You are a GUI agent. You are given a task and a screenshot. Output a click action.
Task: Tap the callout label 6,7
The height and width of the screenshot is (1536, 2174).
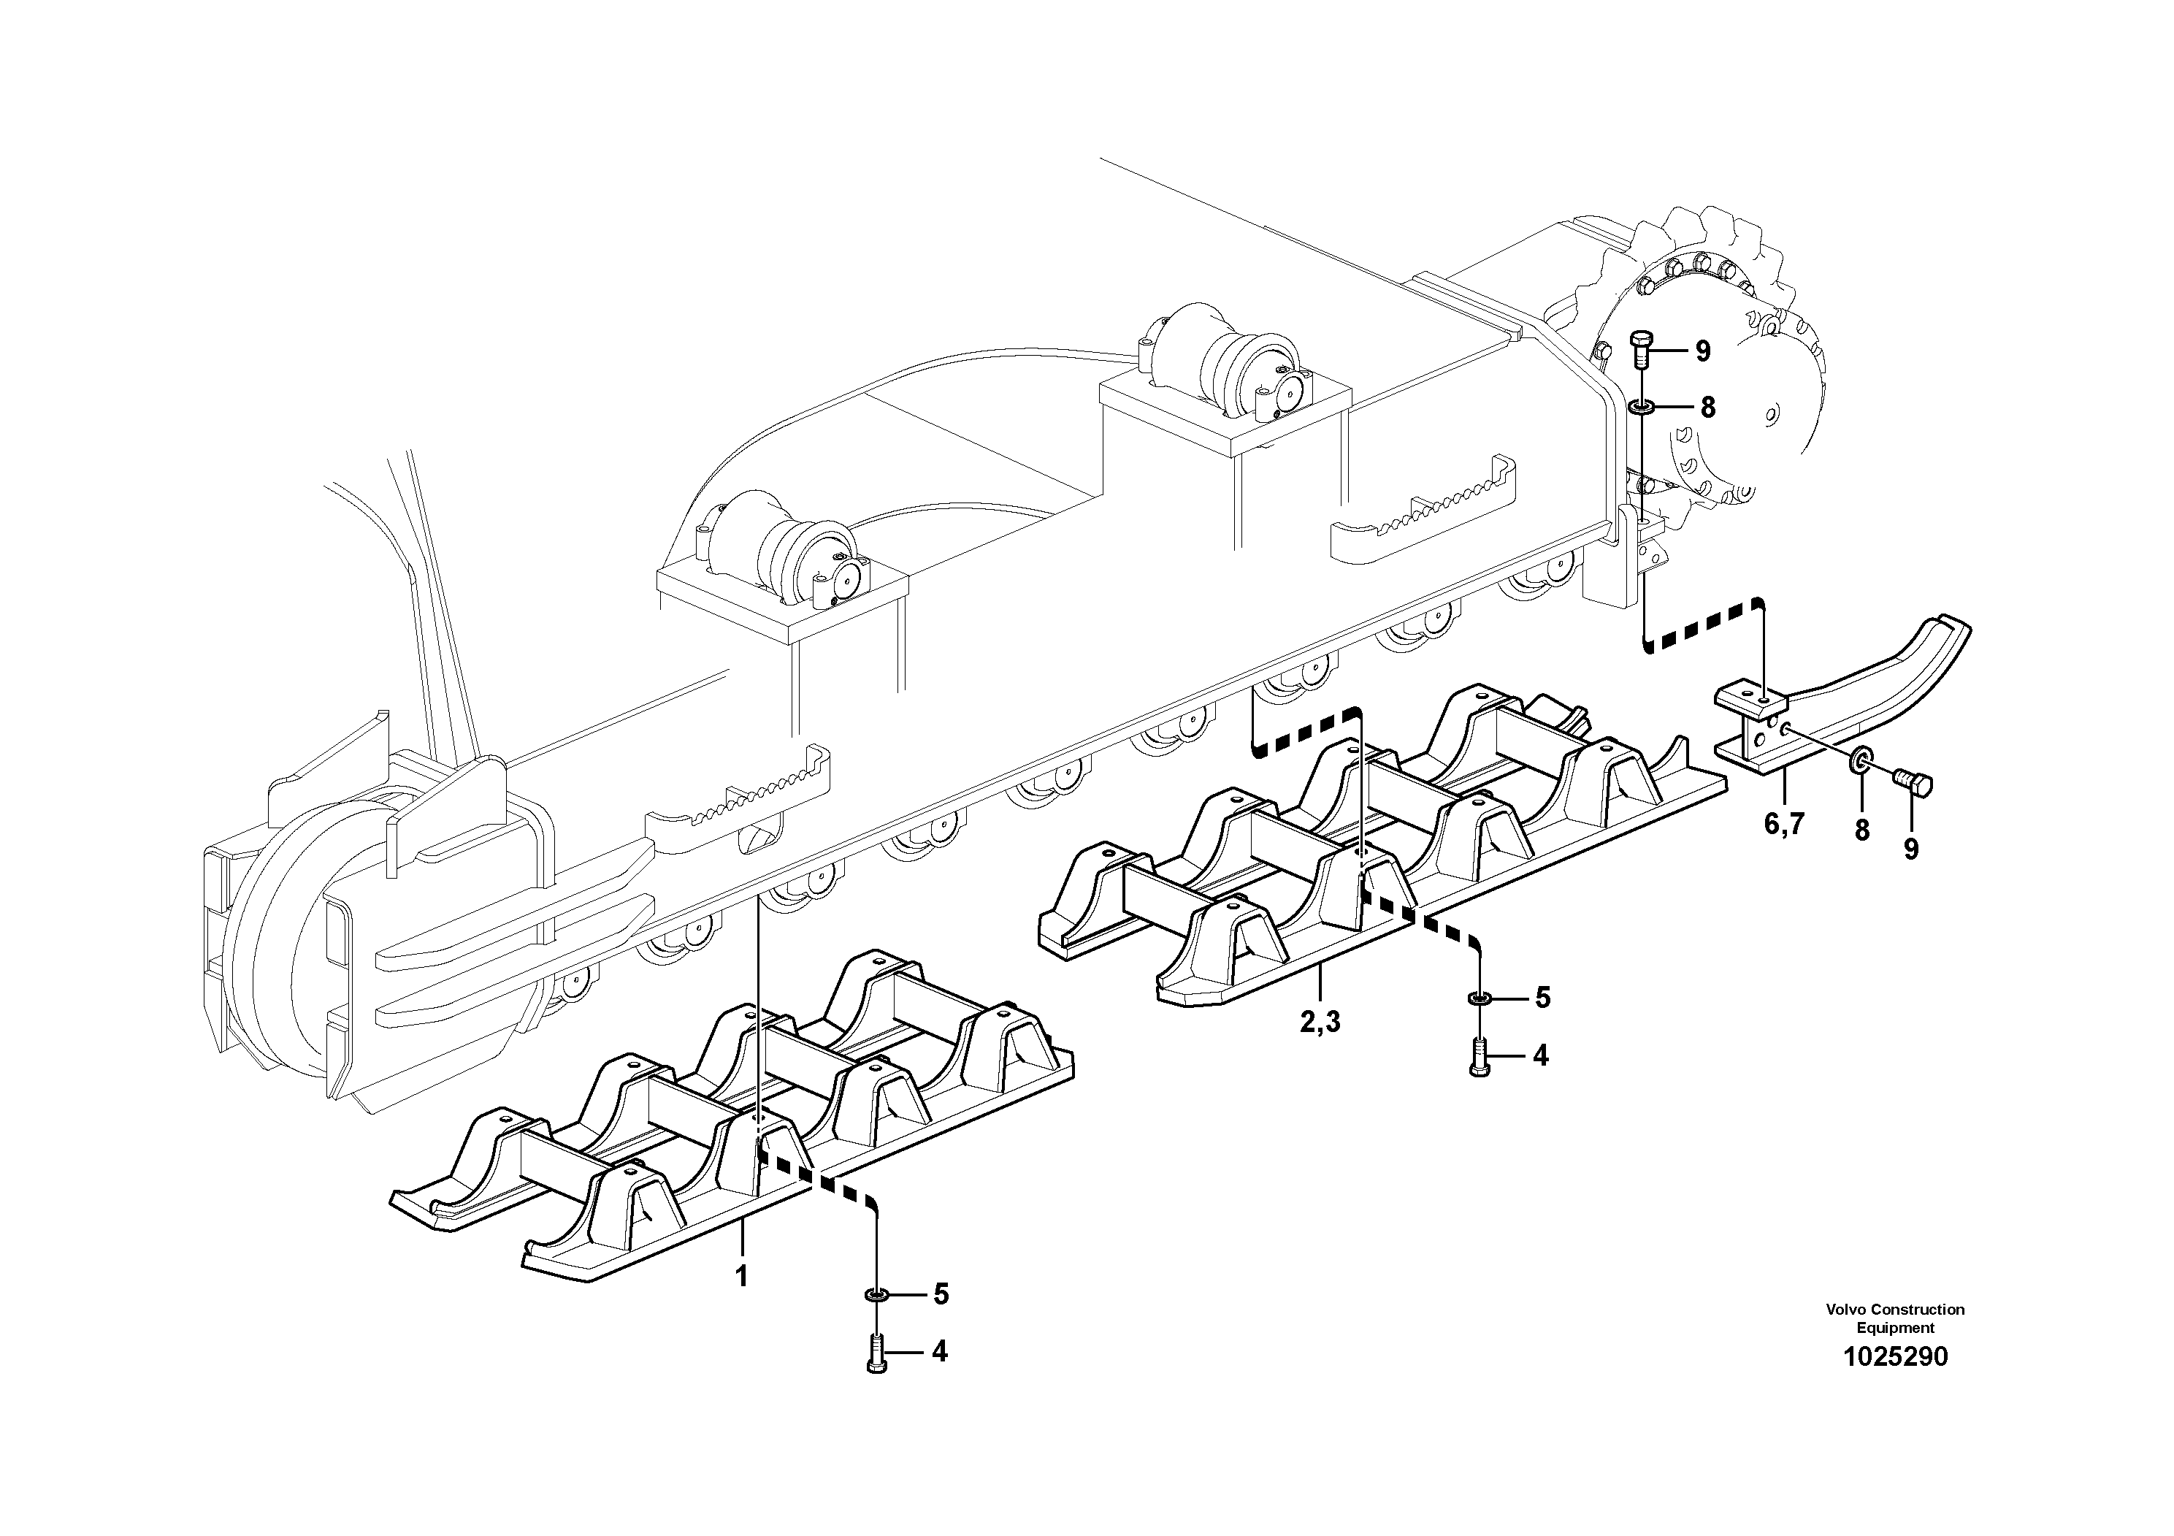1784,824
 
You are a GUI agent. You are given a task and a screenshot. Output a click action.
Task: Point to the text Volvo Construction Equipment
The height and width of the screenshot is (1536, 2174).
1895,1318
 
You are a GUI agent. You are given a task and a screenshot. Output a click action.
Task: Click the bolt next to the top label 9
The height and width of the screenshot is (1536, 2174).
1642,351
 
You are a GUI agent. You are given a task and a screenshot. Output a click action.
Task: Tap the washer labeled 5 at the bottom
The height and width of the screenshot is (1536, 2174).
876,1294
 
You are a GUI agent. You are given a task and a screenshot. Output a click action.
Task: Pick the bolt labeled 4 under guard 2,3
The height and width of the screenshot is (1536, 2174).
1479,1055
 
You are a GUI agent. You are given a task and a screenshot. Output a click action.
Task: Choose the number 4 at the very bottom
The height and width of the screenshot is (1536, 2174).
939,1351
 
